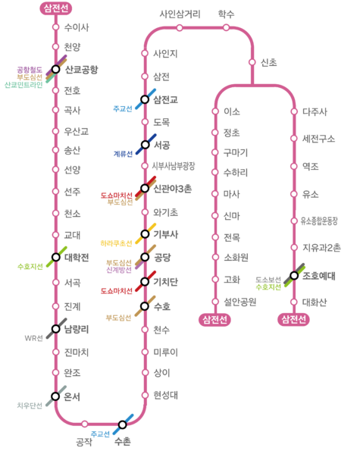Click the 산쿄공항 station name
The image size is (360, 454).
[x=82, y=70]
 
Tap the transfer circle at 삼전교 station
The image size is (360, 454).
[x=145, y=99]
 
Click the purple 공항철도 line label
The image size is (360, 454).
[x=30, y=70]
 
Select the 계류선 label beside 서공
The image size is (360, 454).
[x=123, y=154]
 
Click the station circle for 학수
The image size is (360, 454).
[x=226, y=27]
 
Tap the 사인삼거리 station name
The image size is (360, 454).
[x=180, y=14]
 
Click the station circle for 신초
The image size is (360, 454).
[x=252, y=62]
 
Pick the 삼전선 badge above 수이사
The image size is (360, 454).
[x=55, y=8]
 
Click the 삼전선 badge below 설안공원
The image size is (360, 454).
[x=214, y=320]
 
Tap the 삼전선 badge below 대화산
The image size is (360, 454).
[x=293, y=319]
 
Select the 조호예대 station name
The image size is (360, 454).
[x=319, y=276]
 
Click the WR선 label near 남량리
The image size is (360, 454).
[x=34, y=338]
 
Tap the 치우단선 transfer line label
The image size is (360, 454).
[x=30, y=405]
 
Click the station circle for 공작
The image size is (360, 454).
[x=84, y=424]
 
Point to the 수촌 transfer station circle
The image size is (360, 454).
[x=123, y=424]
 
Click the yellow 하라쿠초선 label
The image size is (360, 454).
[x=117, y=243]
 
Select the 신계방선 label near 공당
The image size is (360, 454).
[x=119, y=270]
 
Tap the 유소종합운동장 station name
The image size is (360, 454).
[x=319, y=221]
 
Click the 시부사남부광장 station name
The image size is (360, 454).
[x=174, y=166]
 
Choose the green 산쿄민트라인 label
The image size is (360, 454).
[x=23, y=85]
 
